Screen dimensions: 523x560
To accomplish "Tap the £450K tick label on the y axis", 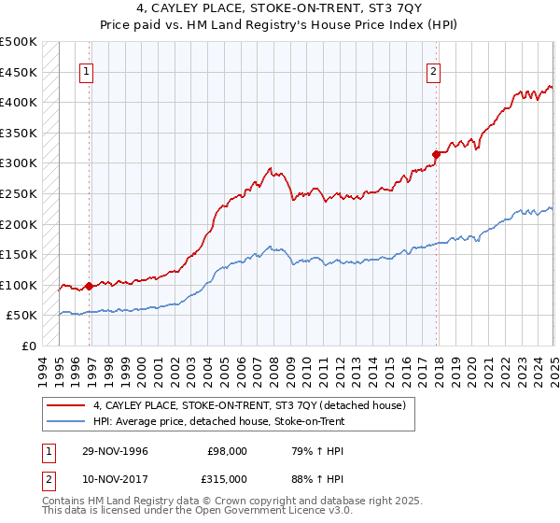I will click(19, 72).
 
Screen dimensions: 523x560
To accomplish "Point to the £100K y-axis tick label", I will click(19, 285).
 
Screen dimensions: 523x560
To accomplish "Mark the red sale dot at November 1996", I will click(90, 286).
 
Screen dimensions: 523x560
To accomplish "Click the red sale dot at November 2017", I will click(436, 154).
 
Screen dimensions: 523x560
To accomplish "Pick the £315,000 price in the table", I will click(227, 478).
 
